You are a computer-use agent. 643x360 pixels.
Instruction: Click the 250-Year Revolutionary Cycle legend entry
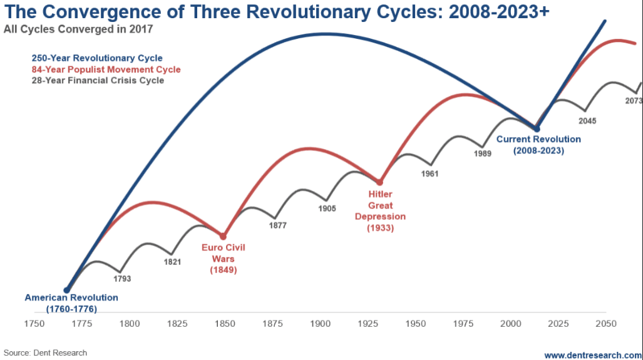97,58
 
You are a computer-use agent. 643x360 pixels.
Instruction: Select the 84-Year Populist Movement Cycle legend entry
106,69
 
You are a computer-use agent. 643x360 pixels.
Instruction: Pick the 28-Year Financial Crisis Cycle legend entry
98,80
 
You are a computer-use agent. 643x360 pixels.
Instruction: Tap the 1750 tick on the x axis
34,324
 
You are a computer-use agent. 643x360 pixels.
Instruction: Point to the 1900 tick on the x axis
320,324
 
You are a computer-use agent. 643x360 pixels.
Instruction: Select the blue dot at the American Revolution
66,290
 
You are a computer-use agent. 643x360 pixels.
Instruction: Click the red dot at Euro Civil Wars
223,235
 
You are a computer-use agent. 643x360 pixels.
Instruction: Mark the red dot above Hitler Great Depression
379,182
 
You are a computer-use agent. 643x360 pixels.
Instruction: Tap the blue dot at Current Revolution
537,129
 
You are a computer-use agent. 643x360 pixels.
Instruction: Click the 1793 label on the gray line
122,279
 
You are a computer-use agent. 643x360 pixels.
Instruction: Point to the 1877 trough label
277,225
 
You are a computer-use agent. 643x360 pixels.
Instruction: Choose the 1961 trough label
430,173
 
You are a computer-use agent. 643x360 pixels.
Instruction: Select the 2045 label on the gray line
588,121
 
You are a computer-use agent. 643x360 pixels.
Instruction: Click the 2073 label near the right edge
634,101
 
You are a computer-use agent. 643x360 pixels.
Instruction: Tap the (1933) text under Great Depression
380,228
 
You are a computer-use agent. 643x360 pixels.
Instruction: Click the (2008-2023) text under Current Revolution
538,151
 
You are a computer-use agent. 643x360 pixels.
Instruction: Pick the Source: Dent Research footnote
45,353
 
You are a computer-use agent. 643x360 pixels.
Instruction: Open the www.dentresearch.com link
592,355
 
